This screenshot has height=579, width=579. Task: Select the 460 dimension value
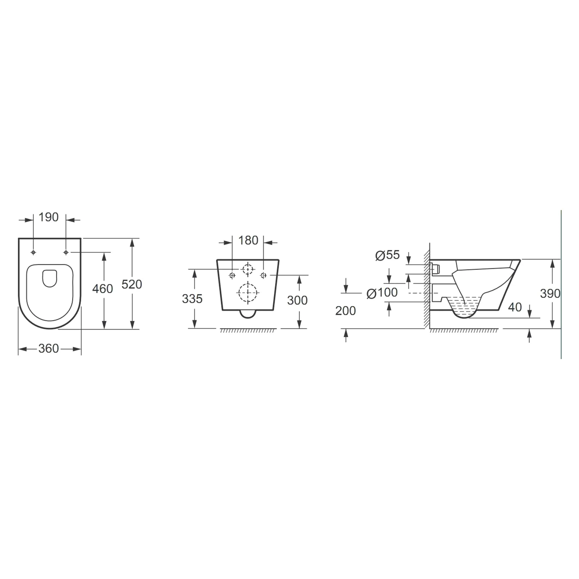[103, 289]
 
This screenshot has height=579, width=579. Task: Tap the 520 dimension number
[131, 284]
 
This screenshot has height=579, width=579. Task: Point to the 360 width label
[49, 349]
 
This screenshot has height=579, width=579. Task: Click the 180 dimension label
[248, 240]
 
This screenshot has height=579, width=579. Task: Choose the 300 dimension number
[297, 300]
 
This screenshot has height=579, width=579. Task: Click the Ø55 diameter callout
[388, 255]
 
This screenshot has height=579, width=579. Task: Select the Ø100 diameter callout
[382, 293]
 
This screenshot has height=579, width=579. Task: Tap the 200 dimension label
[345, 311]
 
